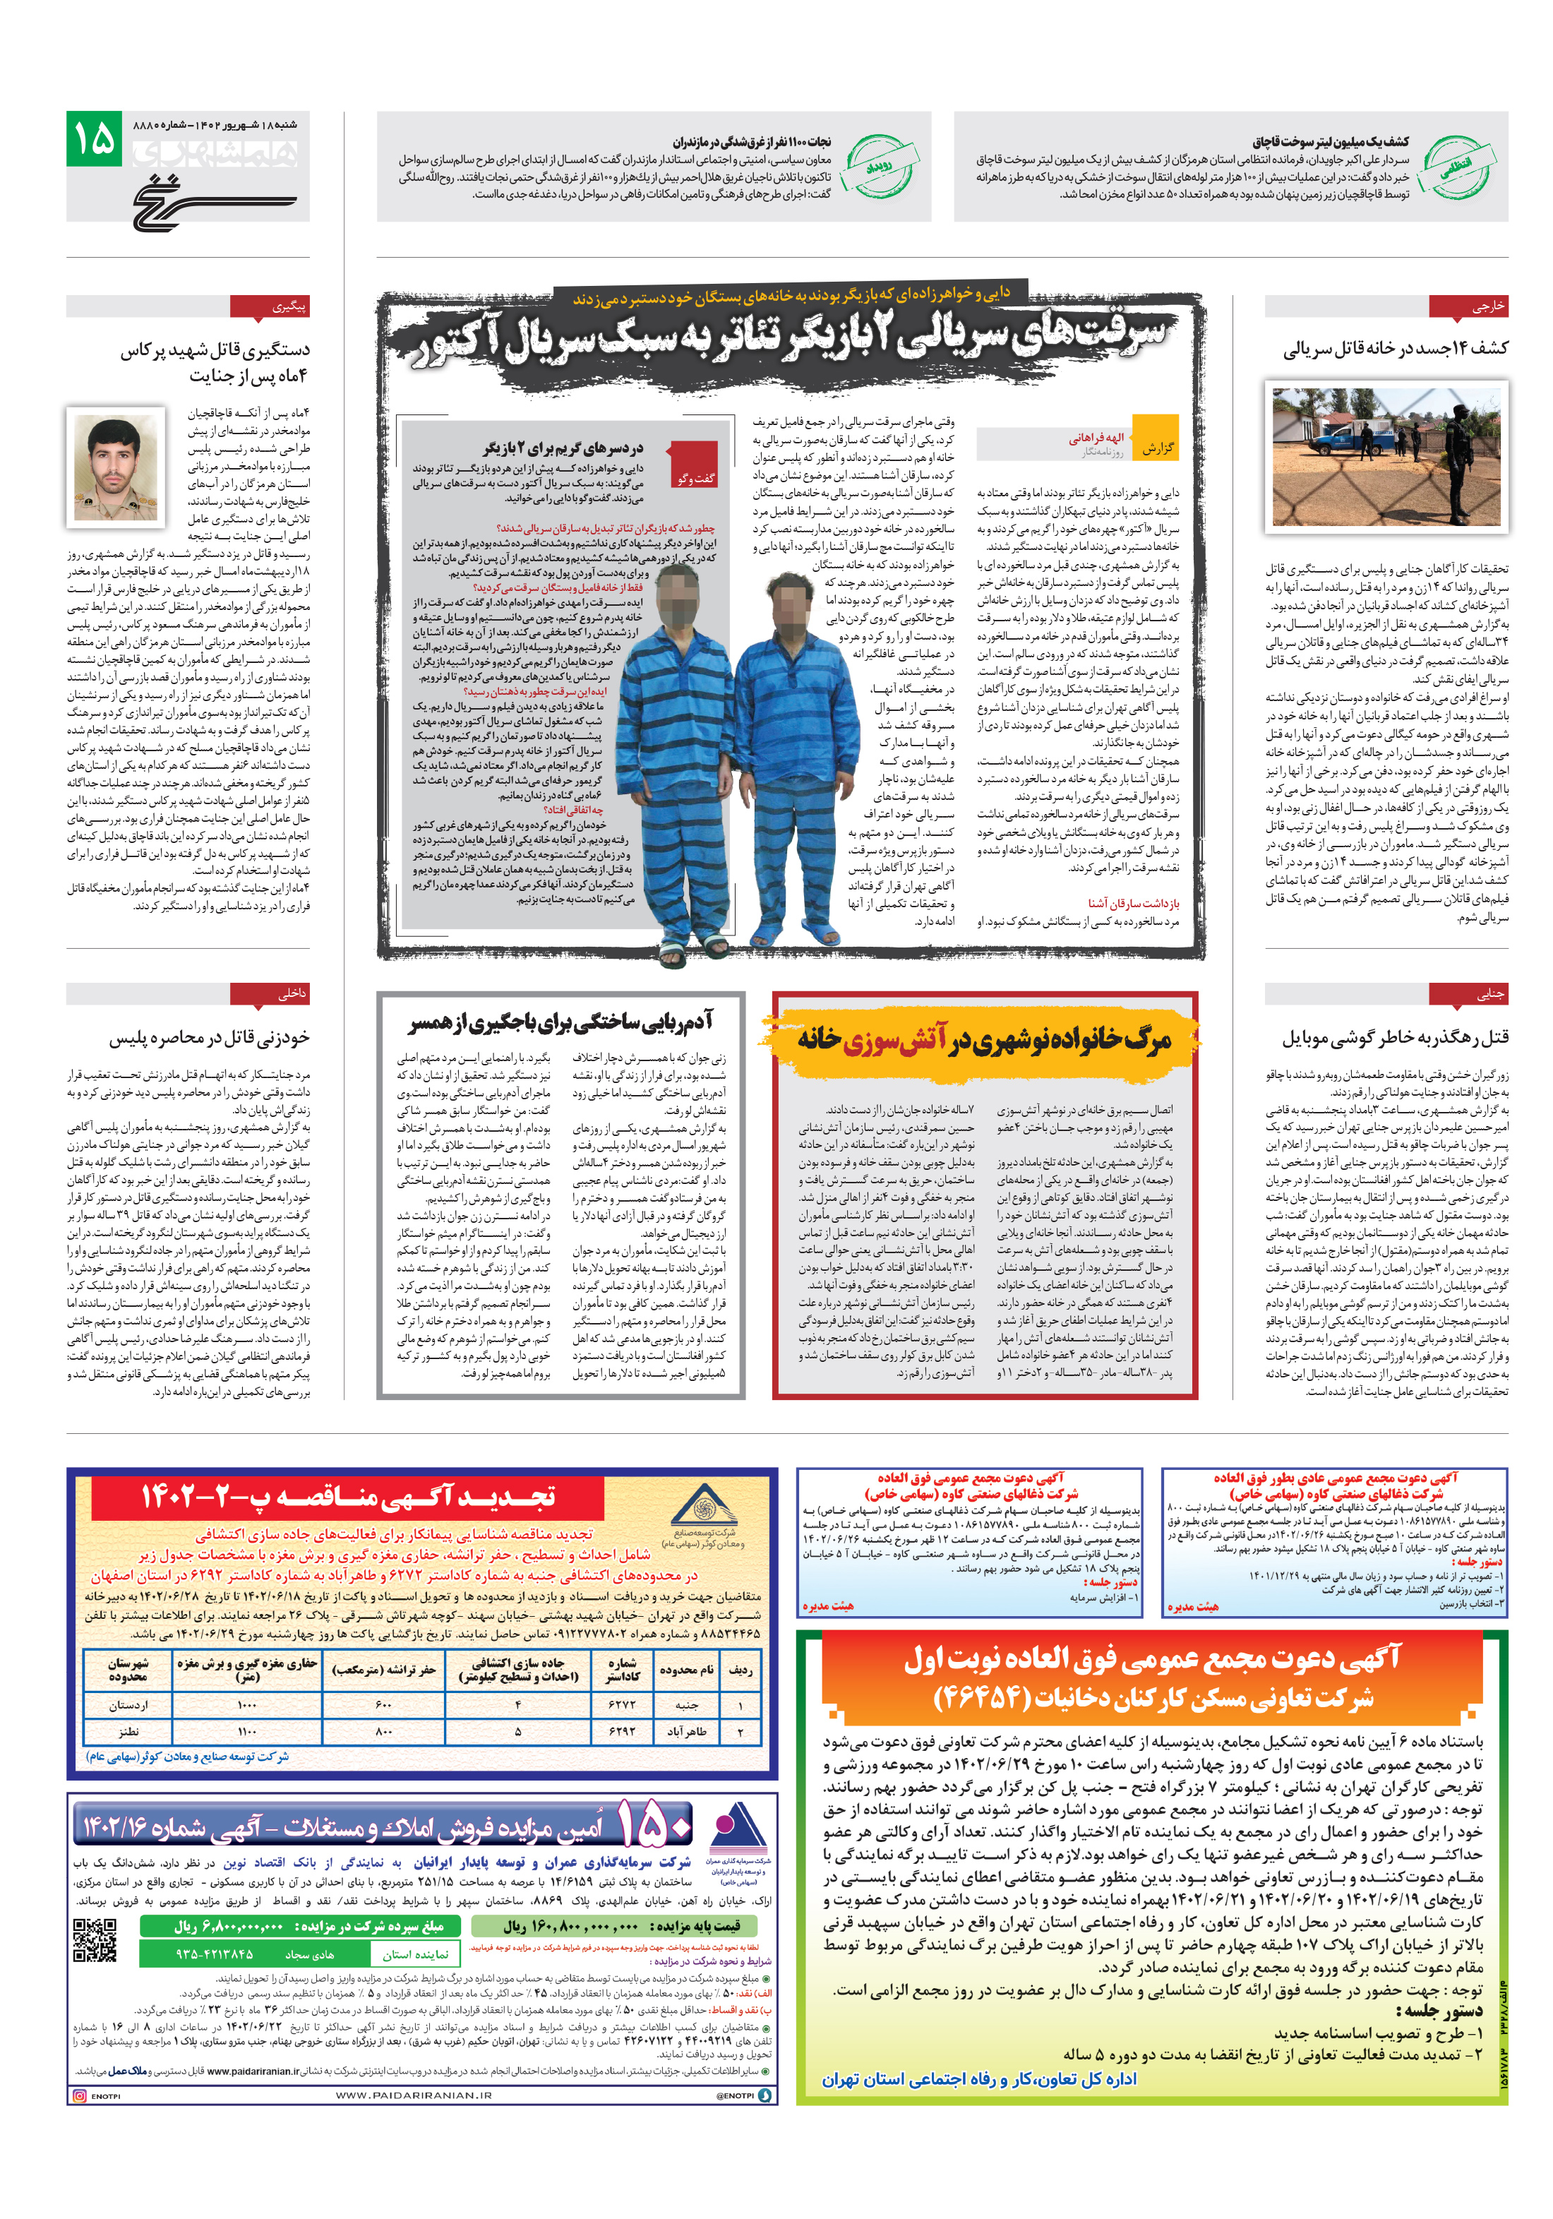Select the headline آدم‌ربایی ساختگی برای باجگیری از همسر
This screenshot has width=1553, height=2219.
(x=560, y=1022)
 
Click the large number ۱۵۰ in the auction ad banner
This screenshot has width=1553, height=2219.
(x=654, y=1824)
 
